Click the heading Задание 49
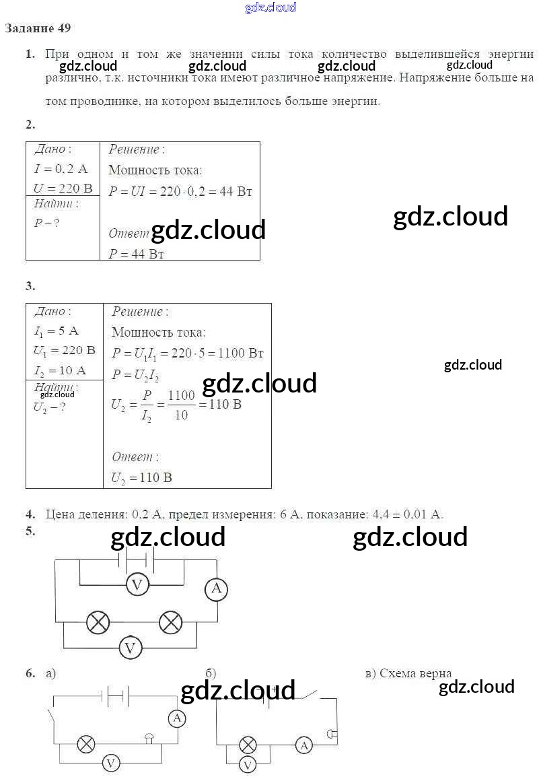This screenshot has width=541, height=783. click(x=38, y=28)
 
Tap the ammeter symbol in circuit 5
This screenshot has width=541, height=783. click(x=216, y=590)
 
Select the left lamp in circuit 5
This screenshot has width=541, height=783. click(x=98, y=622)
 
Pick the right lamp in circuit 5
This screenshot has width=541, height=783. click(x=170, y=622)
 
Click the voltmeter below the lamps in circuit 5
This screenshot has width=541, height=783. click(x=130, y=648)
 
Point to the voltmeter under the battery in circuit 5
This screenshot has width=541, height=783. click(x=137, y=585)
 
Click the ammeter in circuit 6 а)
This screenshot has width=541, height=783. click(x=177, y=718)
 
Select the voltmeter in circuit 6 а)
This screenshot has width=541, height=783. click(x=111, y=763)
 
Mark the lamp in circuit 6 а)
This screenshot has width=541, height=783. click(x=85, y=743)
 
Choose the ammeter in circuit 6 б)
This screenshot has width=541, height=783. click(x=305, y=745)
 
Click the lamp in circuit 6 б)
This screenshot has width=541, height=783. click(x=248, y=745)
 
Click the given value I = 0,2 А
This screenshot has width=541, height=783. click(x=61, y=169)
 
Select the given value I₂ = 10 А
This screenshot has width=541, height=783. click(x=60, y=370)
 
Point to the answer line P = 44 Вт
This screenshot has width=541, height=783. click(x=137, y=254)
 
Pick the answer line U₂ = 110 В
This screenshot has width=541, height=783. click(x=142, y=478)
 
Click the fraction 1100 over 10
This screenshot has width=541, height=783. click(x=181, y=405)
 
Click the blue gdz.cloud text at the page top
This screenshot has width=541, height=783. click(x=270, y=8)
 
